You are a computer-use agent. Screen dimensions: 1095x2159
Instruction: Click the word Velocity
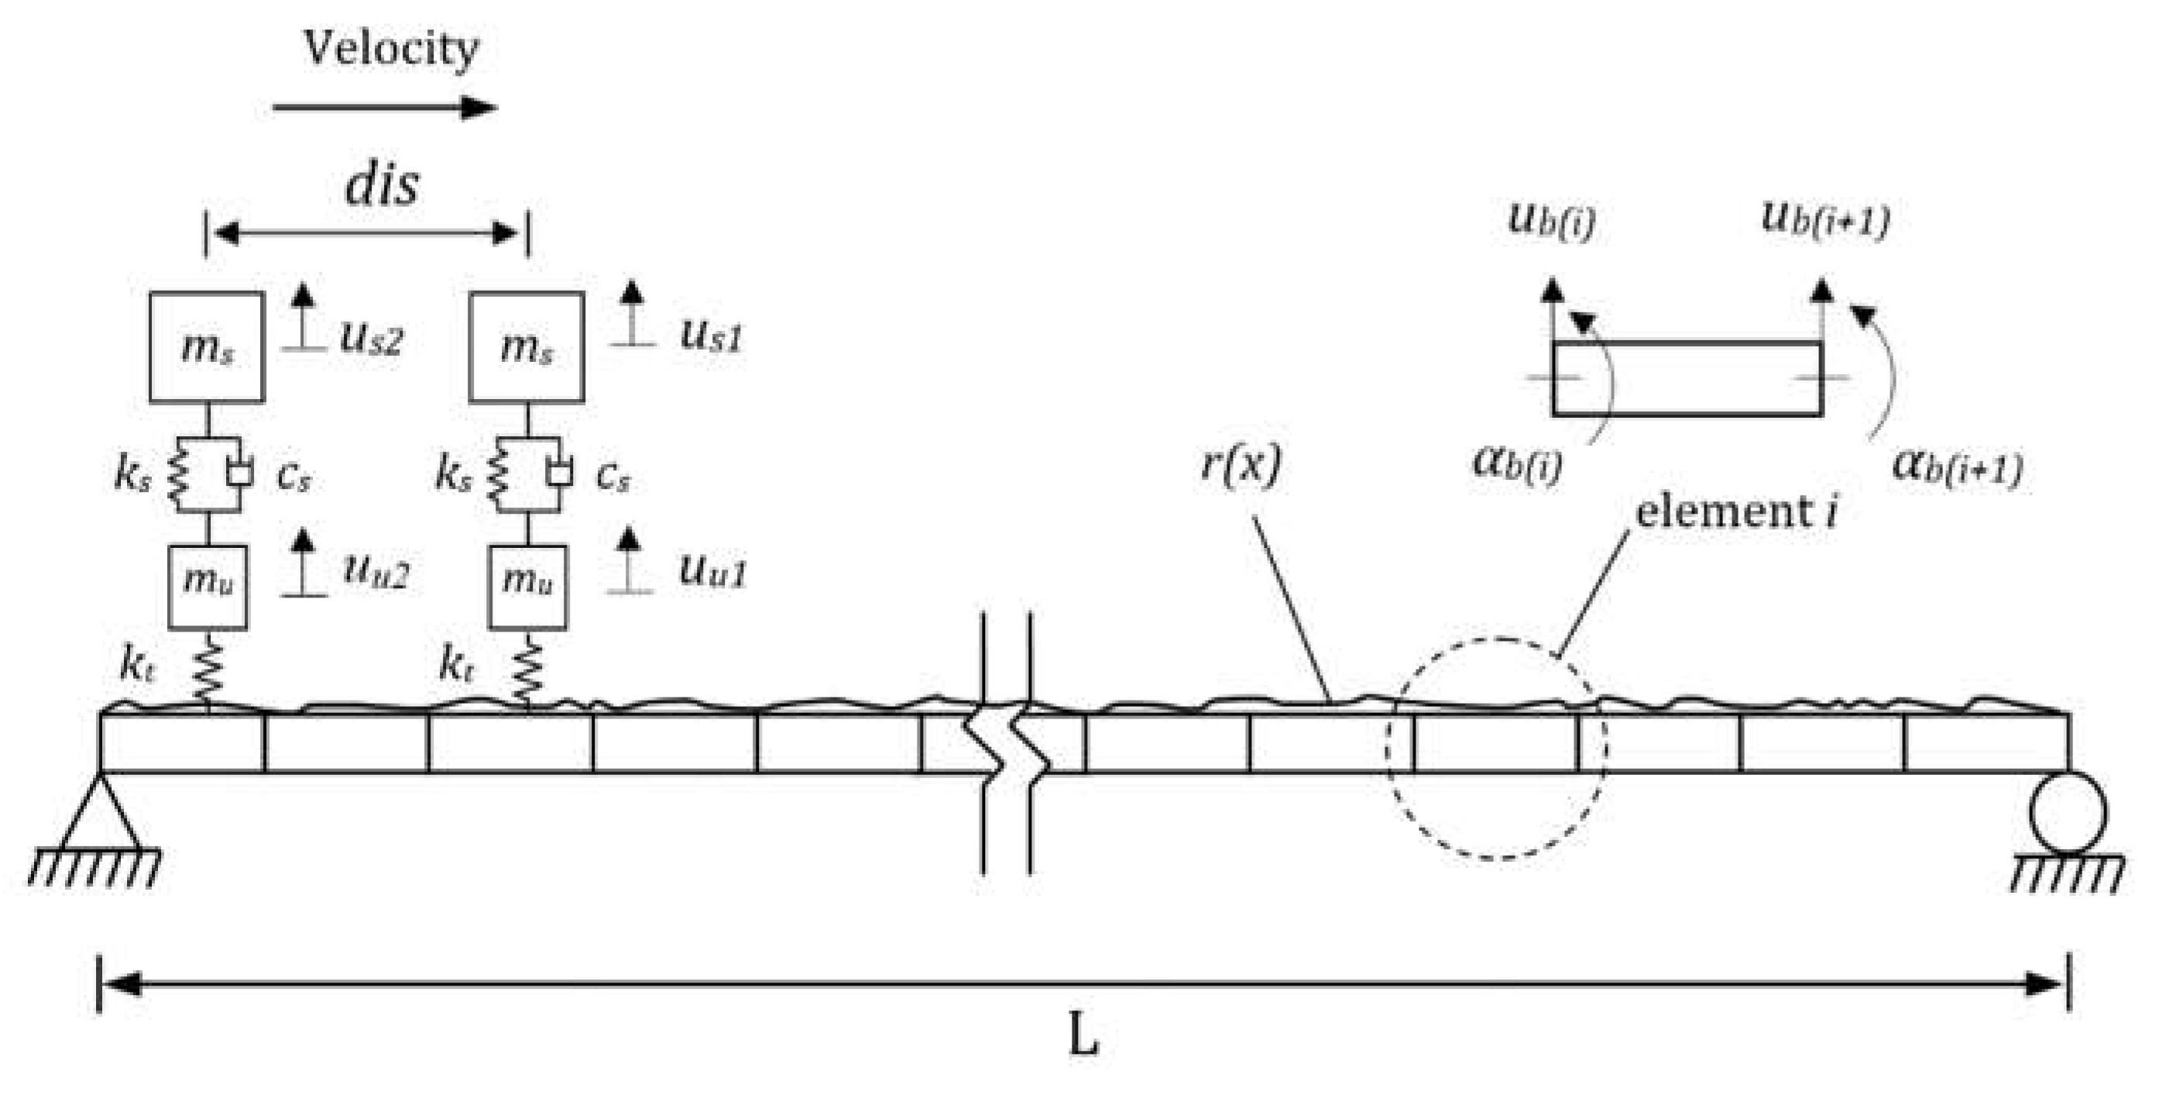click(x=390, y=49)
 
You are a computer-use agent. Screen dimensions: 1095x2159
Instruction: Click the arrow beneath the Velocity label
click(x=385, y=107)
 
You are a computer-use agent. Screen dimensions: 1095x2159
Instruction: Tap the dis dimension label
click(x=383, y=184)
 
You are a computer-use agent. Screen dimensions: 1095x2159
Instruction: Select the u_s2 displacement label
click(x=371, y=339)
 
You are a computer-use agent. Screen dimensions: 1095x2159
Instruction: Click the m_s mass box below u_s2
click(x=207, y=347)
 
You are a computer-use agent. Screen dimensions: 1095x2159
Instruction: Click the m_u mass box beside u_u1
click(x=527, y=587)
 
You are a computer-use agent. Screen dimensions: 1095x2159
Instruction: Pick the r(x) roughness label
click(x=1241, y=463)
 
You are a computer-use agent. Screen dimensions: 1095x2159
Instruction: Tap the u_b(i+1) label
click(x=1825, y=219)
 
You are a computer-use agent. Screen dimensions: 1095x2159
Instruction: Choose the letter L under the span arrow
click(x=1083, y=1037)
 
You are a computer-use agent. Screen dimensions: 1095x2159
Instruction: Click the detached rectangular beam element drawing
click(x=1687, y=378)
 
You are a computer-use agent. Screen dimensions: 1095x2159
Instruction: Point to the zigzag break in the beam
click(x=1007, y=743)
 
